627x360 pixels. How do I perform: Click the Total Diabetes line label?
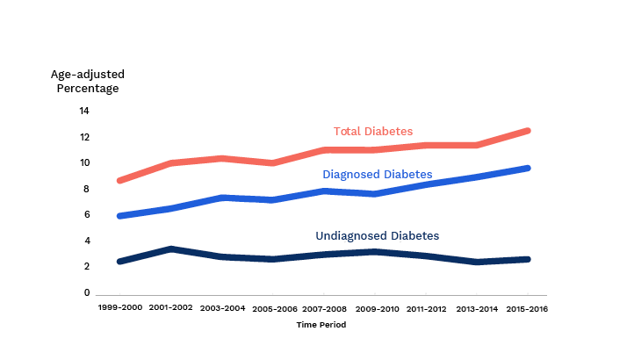[x=372, y=132]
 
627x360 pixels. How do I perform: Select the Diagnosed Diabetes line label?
[x=378, y=175]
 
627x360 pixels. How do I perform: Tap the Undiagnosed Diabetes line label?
[x=377, y=236]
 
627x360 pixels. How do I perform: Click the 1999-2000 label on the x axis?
[x=119, y=309]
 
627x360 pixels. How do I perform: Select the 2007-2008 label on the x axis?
[x=324, y=309]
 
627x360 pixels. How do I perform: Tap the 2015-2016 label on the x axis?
[x=529, y=309]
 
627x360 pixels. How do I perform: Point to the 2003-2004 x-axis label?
[x=221, y=309]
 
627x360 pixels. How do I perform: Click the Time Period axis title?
[x=321, y=325]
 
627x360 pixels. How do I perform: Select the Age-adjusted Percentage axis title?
[x=84, y=81]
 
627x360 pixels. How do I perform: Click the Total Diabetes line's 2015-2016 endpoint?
[x=529, y=131]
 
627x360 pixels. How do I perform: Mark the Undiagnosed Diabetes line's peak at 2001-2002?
[x=170, y=249]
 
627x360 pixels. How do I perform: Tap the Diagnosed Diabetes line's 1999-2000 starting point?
[x=119, y=216]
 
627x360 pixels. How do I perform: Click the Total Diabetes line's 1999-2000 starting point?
[x=119, y=181]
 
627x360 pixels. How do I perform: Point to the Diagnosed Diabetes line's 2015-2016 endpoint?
[x=529, y=168]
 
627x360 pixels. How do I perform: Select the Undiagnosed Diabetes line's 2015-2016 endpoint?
[x=529, y=259]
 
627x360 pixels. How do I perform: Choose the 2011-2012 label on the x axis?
[x=427, y=309]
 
